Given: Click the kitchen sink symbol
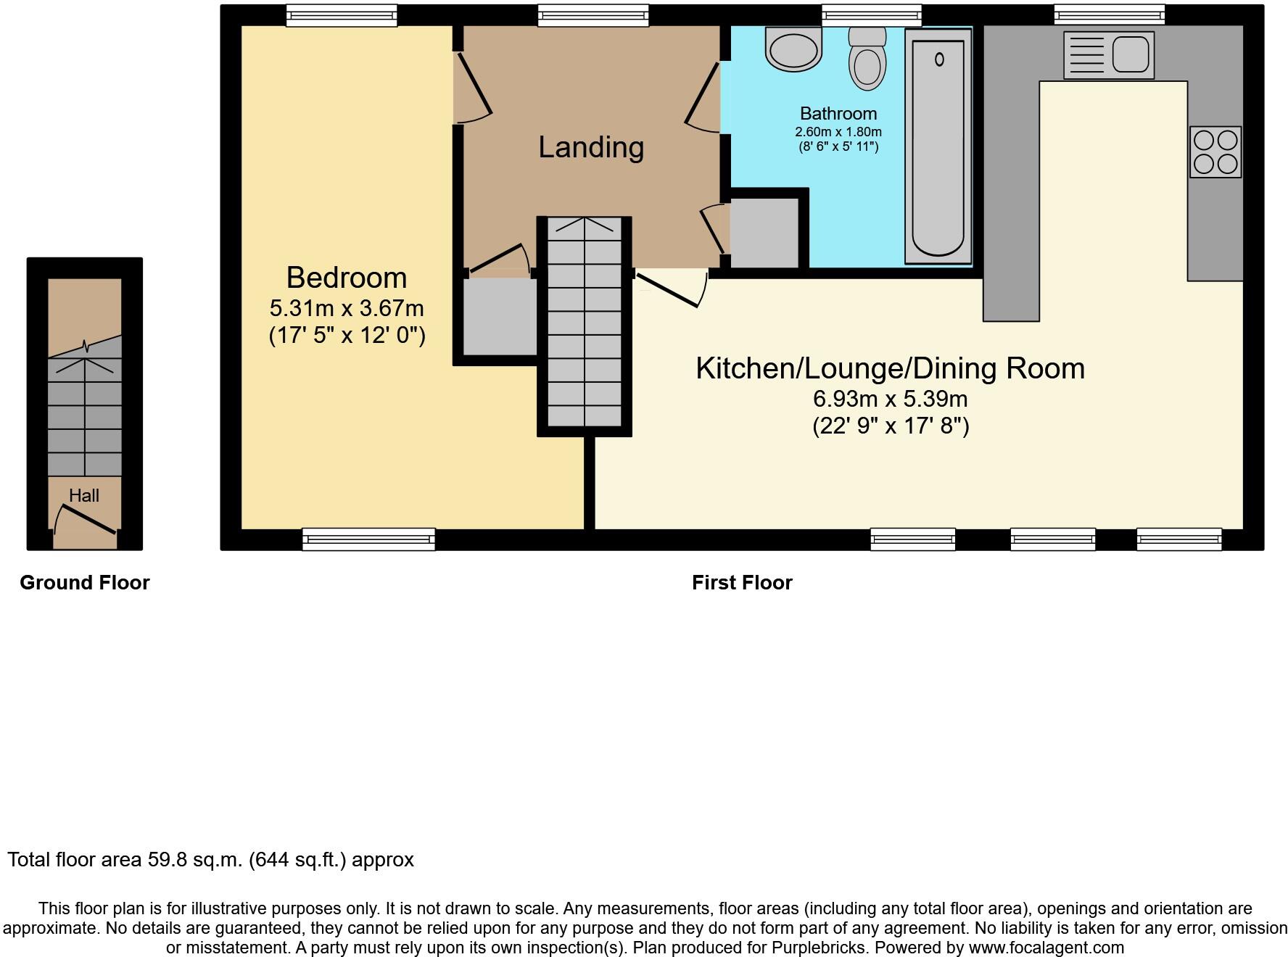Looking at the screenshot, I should point(1108,55).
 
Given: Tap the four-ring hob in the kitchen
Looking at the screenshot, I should point(1215,152).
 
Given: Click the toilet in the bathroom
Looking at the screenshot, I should point(867,61).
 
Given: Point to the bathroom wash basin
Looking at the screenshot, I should point(793,49).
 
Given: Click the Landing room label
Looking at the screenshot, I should point(591,147).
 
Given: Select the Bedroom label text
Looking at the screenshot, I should point(347,278).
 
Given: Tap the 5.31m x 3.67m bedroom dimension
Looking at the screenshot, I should point(347,308).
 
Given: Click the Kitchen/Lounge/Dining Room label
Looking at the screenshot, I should point(890,368).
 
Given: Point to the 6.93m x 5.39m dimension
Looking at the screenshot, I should point(890,399).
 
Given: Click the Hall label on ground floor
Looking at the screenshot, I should point(84,496).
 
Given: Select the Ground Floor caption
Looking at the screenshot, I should point(84,583).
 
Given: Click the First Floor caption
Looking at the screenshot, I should point(742,583).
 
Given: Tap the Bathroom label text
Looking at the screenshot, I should point(838,114).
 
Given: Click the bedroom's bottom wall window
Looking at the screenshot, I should point(368,539).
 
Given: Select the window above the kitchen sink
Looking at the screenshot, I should point(1109,14).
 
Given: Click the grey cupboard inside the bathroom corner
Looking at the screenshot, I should point(764,233).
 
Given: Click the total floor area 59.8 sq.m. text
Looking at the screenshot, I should point(210,860).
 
